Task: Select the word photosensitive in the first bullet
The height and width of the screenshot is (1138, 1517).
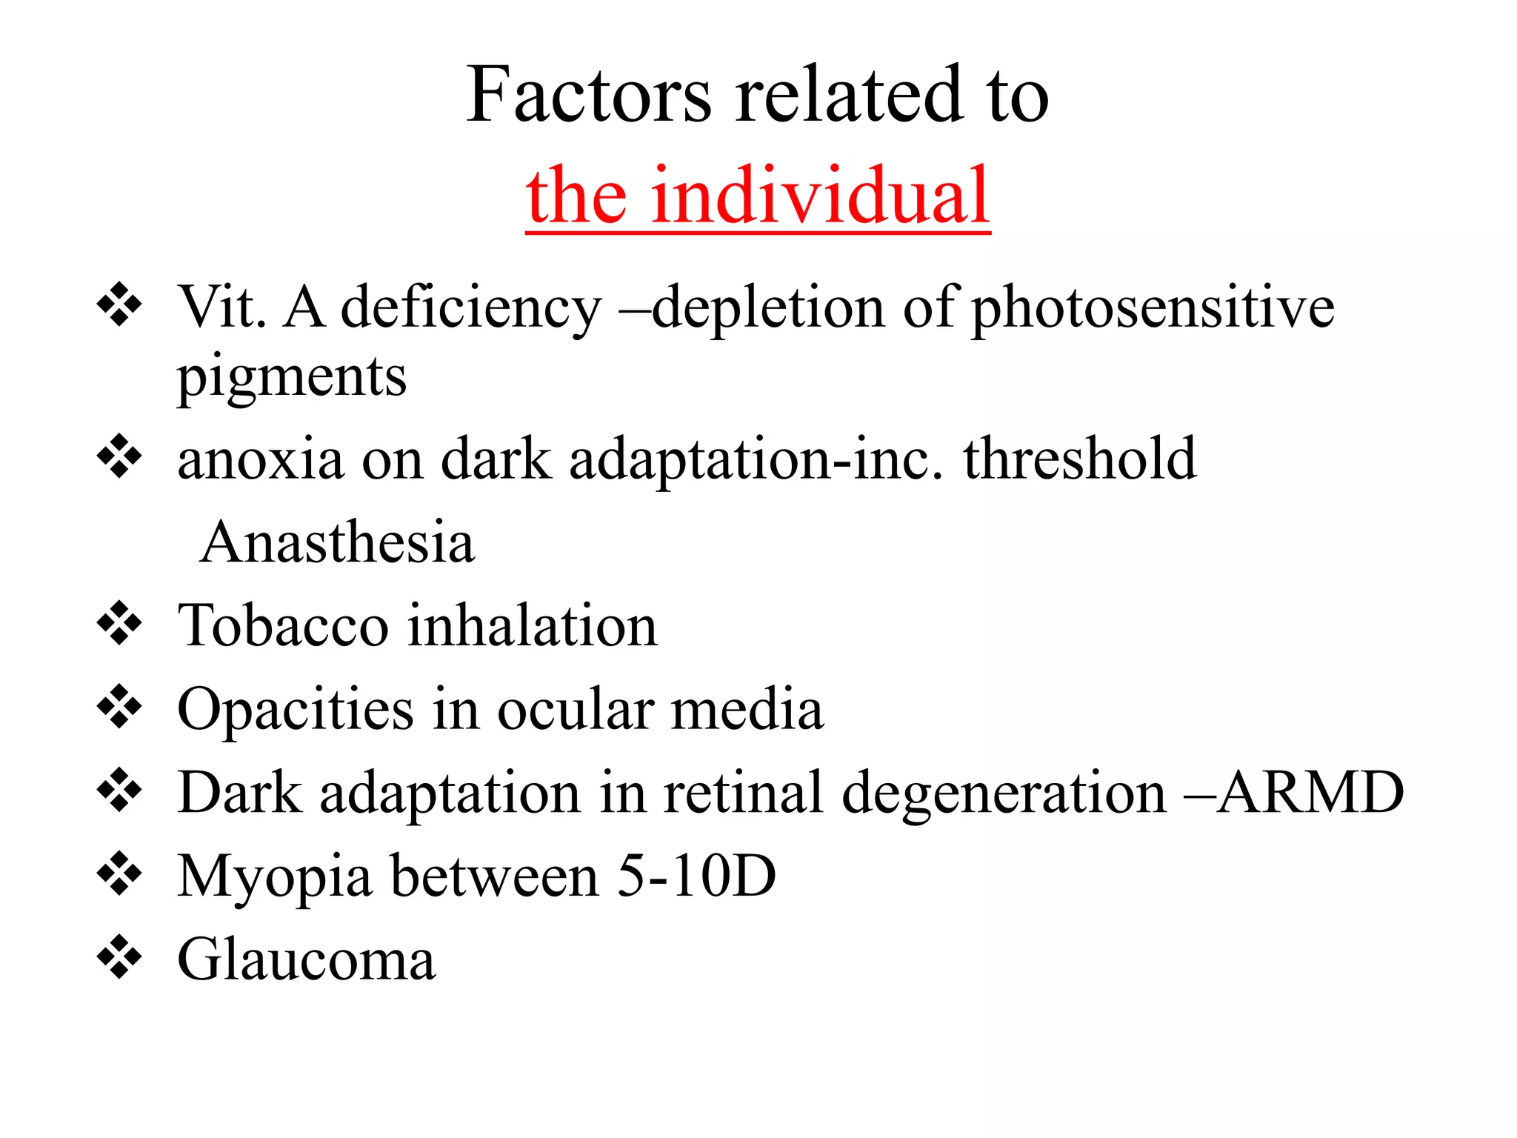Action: [x=1153, y=307]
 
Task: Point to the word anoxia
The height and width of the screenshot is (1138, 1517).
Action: [x=261, y=459]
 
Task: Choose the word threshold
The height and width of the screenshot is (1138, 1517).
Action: [x=1079, y=459]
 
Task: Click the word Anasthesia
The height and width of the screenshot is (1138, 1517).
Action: [x=337, y=542]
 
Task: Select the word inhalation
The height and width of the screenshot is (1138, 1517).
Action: [x=533, y=626]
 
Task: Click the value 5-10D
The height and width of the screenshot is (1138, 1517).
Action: [x=696, y=876]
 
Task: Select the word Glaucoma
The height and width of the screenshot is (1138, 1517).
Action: [x=307, y=960]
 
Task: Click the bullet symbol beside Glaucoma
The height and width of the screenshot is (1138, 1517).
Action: [x=119, y=959]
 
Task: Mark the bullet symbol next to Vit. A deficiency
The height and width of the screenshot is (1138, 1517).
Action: [x=119, y=305]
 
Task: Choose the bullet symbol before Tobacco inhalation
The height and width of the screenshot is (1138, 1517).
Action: [x=119, y=625]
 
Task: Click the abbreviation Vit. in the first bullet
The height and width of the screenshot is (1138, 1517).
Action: [x=222, y=307]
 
